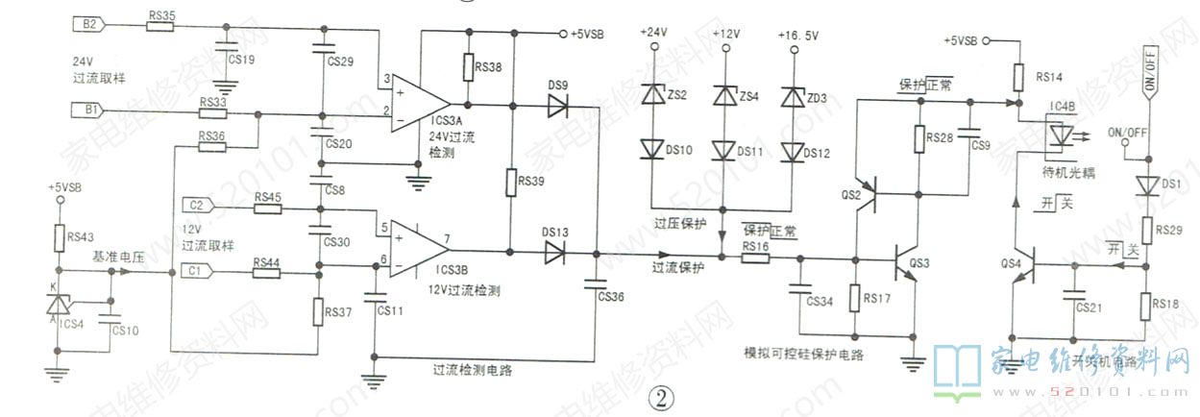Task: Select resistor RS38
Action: click(467, 69)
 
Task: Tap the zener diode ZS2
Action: click(654, 94)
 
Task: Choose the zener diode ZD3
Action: click(793, 97)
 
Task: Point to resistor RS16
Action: click(754, 258)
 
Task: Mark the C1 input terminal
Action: click(195, 273)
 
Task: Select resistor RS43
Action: click(59, 236)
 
